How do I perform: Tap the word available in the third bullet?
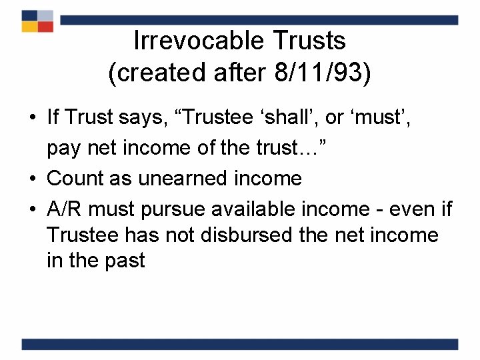pyautogui.click(x=256, y=209)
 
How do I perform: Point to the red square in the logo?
pyautogui.click(x=45, y=27)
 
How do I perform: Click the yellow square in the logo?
pyautogui.click(x=29, y=27)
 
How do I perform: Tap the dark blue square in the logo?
pyautogui.click(x=29, y=15)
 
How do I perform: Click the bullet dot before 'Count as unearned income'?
pyautogui.click(x=33, y=179)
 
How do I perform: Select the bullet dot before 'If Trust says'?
pyautogui.click(x=33, y=119)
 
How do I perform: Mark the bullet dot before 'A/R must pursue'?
pyautogui.click(x=33, y=209)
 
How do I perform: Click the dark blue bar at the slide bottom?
pyautogui.click(x=240, y=344)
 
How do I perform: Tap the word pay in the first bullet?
pyautogui.click(x=63, y=148)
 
